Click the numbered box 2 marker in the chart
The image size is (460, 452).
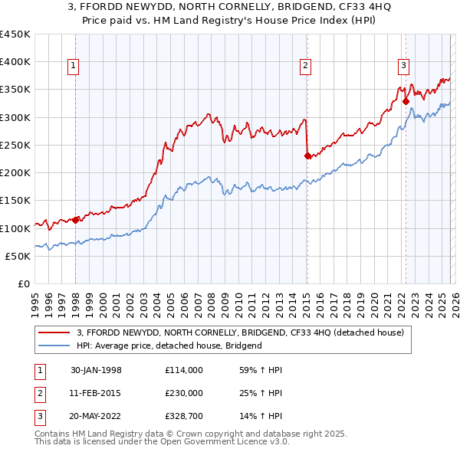click(305, 67)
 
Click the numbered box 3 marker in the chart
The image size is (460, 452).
click(403, 67)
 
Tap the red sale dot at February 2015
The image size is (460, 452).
click(307, 156)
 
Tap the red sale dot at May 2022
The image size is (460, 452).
click(406, 100)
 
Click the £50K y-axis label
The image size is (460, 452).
click(18, 256)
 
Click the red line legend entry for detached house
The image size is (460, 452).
click(245, 332)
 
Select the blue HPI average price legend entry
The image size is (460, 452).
click(169, 346)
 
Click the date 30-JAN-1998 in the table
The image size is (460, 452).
click(96, 369)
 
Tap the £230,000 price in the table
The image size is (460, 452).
click(185, 393)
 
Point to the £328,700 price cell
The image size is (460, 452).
click(185, 417)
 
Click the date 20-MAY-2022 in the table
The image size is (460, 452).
click(96, 417)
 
